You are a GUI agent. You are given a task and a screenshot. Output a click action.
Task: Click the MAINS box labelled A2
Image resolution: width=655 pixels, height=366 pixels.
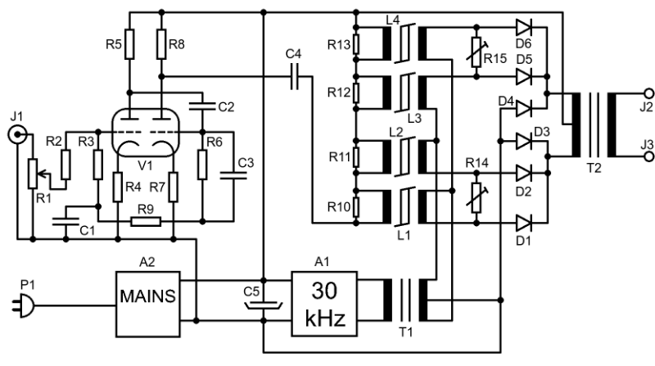pos(148,304)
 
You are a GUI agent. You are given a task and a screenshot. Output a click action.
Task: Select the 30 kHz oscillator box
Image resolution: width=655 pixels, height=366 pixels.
pos(324,304)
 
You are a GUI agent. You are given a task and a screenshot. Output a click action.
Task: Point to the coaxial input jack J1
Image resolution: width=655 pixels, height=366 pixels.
pos(17,134)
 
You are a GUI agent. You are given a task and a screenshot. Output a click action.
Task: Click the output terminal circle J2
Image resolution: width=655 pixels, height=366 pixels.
pos(648,93)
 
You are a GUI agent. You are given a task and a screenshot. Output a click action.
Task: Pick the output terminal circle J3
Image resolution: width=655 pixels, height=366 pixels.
pos(648,156)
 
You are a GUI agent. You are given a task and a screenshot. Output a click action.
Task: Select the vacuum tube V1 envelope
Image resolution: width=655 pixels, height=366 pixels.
pos(146,133)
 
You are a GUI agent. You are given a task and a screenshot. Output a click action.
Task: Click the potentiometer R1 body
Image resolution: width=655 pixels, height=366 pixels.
pos(33,174)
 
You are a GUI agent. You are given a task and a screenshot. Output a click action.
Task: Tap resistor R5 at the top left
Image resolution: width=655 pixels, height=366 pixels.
pos(129,44)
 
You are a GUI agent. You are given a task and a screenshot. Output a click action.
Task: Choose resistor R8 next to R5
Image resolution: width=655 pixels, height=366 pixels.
pos(161,44)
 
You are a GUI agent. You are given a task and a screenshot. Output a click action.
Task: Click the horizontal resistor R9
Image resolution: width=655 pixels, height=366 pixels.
pos(146,221)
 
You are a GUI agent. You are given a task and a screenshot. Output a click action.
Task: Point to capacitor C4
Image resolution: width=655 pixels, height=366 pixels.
pos(295,77)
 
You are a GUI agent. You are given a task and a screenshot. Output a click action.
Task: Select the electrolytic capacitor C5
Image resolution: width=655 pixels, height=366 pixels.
pos(263,304)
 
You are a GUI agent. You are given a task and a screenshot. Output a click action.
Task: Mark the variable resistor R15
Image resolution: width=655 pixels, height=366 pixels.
pos(477,52)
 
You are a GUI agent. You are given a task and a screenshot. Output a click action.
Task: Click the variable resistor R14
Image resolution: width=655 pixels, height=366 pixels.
pos(477,197)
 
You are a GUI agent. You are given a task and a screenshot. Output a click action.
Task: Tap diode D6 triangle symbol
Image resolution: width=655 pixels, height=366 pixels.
pos(524,28)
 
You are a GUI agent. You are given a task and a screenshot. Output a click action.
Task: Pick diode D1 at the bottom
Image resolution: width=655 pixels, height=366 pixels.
pos(524,223)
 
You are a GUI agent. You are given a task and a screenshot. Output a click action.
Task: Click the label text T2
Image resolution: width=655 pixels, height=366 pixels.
pos(594,168)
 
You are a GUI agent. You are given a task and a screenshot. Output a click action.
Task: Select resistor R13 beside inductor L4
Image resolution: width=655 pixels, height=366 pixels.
pos(356,44)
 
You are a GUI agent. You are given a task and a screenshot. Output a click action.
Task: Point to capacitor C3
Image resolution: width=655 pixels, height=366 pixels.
pos(233,175)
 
